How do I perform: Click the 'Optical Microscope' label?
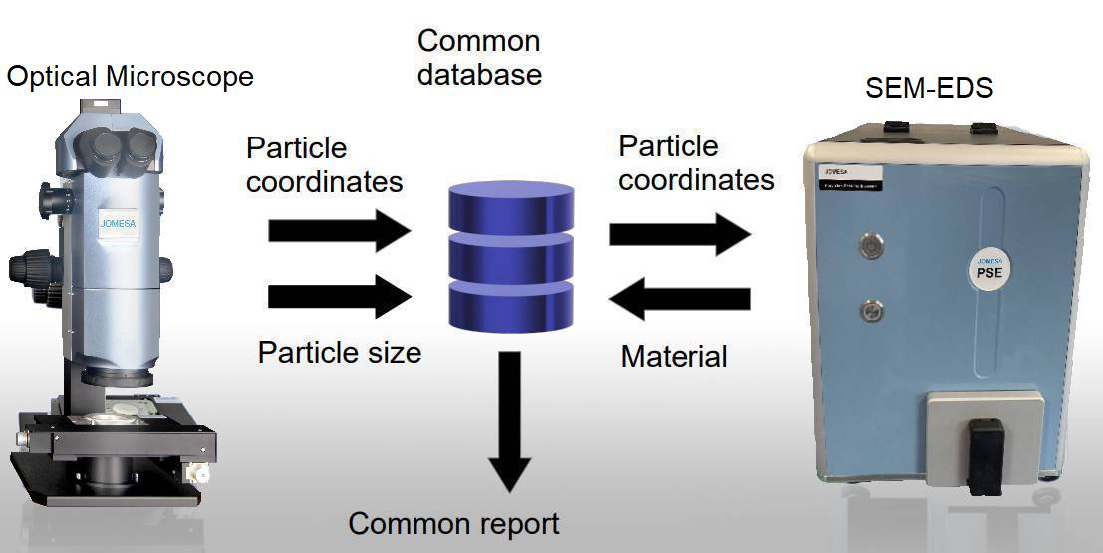pos(130,76)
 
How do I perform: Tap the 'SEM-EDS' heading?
pos(928,88)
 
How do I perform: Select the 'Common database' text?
pos(479,57)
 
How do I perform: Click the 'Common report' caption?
pos(453,523)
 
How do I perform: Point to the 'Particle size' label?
pos(339,352)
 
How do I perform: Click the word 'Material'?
pos(674,355)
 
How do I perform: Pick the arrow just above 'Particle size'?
pos(339,297)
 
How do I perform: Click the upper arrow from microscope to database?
pos(339,231)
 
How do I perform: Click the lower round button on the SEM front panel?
pos(874,311)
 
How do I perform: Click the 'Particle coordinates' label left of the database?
pos(324,165)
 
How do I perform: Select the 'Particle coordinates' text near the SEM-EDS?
pos(695,162)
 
